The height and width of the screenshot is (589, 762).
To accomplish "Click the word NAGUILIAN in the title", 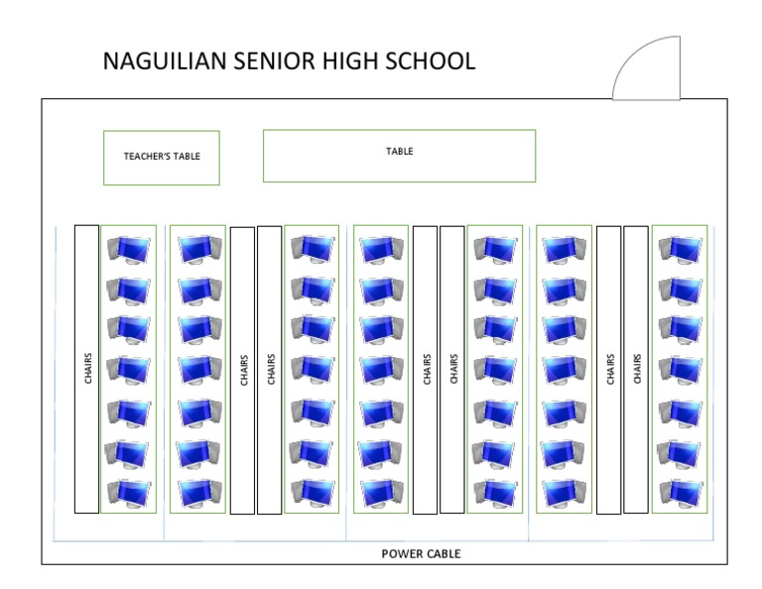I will (x=168, y=61).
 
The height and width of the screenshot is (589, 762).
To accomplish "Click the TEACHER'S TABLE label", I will (x=161, y=156).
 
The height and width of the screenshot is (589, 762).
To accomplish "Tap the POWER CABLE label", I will (x=421, y=553).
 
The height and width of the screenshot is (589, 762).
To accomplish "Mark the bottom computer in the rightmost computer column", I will (x=680, y=492).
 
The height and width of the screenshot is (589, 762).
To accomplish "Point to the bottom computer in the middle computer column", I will (x=381, y=492).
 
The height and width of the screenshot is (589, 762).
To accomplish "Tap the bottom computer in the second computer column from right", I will (x=564, y=492).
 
